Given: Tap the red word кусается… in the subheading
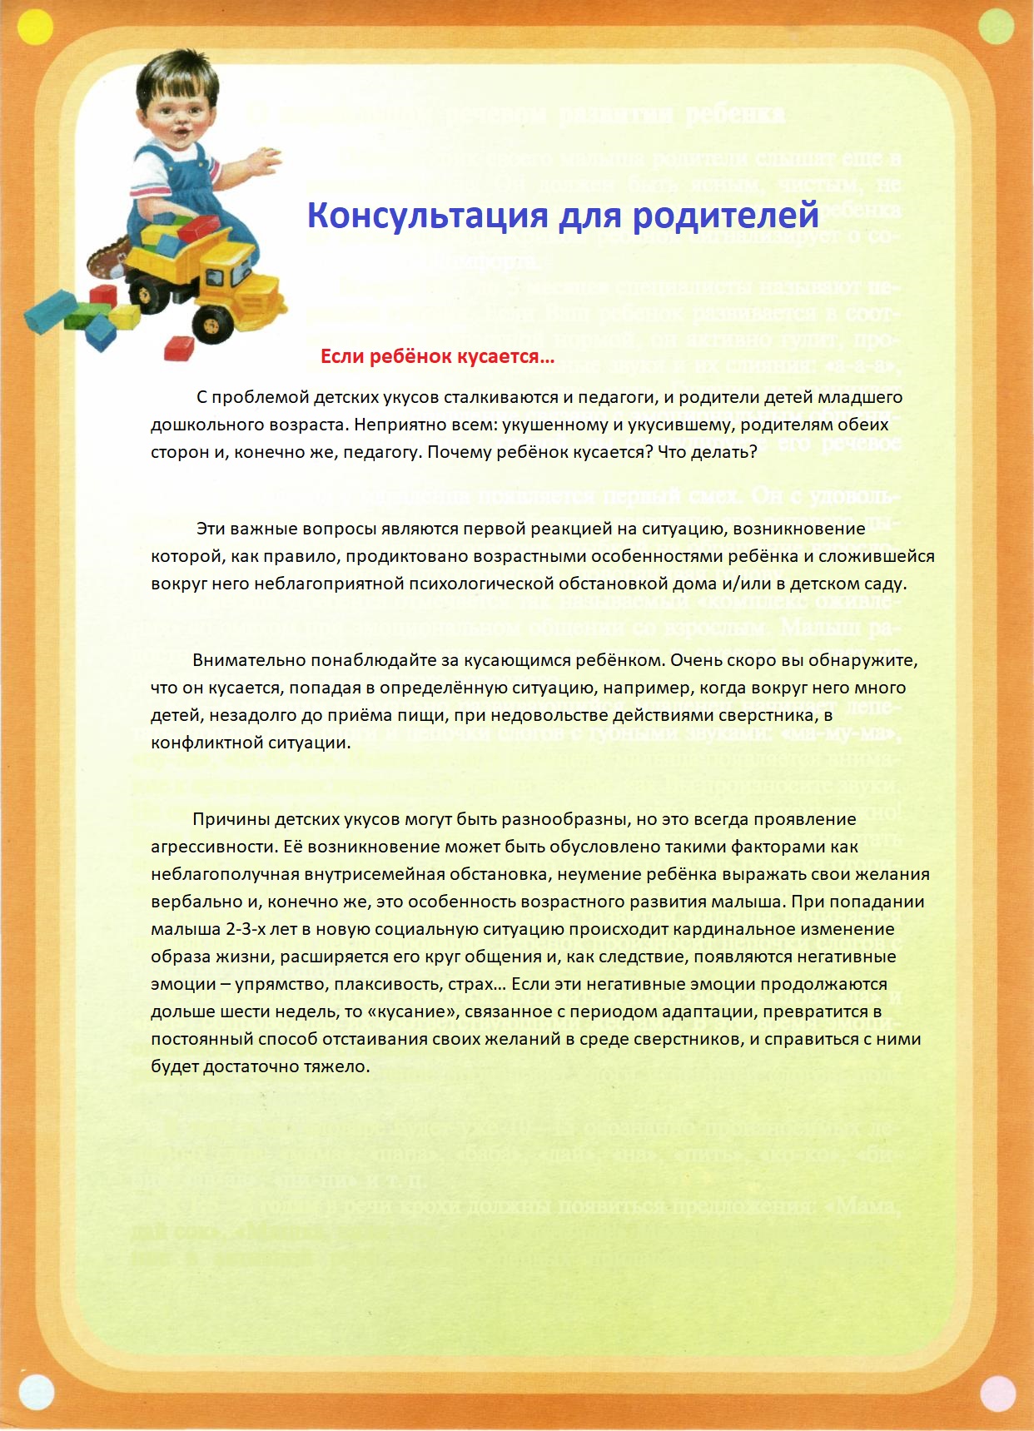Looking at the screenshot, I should tap(506, 357).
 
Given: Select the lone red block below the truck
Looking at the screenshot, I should tap(179, 348).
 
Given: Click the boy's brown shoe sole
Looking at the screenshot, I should tap(108, 259).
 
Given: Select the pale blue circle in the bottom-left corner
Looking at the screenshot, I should tap(35, 1392).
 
